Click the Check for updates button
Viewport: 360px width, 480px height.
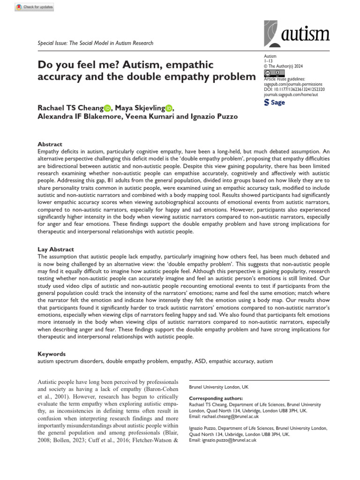(35, 7)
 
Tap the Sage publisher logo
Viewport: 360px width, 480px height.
(275, 102)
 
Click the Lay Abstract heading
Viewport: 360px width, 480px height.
(55, 249)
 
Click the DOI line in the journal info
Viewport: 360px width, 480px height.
(295, 89)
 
